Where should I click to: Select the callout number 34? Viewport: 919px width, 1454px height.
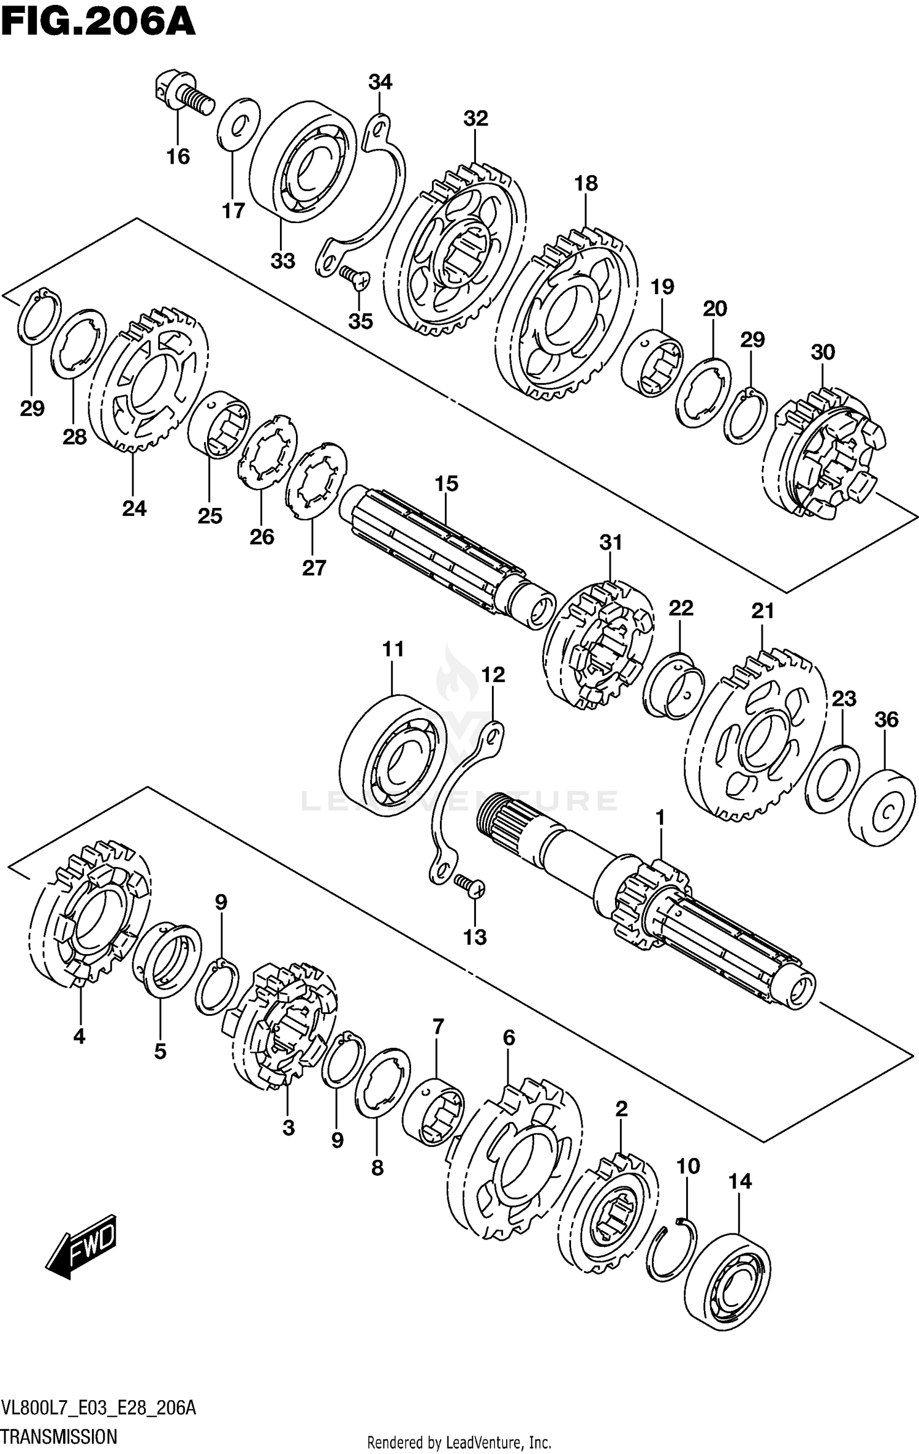tap(380, 81)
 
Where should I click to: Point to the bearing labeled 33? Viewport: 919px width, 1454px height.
tap(303, 162)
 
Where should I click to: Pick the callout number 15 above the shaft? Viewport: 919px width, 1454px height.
tap(447, 483)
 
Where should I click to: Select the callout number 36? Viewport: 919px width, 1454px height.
tap(887, 719)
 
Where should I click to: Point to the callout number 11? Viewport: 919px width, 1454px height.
tap(393, 649)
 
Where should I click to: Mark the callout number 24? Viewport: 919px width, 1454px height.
tap(134, 508)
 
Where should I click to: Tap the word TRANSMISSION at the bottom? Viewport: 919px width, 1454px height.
tap(59, 1436)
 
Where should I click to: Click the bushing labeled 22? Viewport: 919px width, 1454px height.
tap(673, 686)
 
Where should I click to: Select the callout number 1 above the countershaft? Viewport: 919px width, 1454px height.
tap(660, 817)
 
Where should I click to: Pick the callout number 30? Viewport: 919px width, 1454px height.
tap(823, 352)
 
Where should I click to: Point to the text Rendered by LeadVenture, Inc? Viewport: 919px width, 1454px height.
tap(459, 1442)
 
